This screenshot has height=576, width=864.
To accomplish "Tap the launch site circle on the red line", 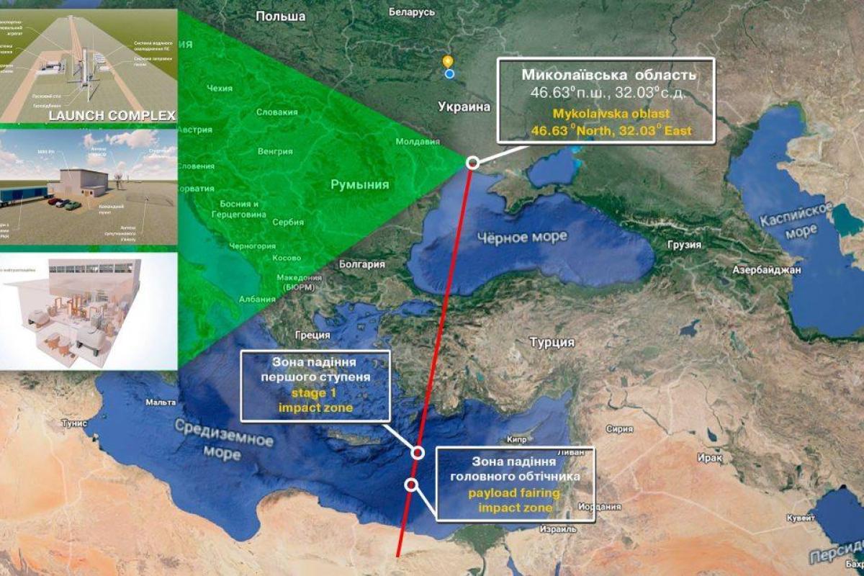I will tap(472, 163).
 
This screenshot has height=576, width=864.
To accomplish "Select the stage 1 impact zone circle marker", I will tap(418, 453).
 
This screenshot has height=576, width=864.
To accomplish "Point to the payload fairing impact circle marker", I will tap(411, 485).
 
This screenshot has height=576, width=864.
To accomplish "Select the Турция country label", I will tap(552, 342).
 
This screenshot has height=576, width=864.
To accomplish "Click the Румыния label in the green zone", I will tap(359, 185).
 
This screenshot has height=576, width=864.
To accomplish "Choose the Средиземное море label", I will tap(223, 439).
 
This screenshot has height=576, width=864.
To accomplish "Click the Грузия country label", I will tap(684, 245).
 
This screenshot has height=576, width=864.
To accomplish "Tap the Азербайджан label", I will tap(767, 271).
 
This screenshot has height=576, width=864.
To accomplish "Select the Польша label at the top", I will tap(280, 17).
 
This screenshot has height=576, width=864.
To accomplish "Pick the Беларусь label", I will tap(412, 12).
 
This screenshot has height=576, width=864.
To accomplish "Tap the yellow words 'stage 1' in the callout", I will tap(316, 394).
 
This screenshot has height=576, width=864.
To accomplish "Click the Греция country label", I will tap(312, 335).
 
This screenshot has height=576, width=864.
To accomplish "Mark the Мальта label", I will tap(161, 402).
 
